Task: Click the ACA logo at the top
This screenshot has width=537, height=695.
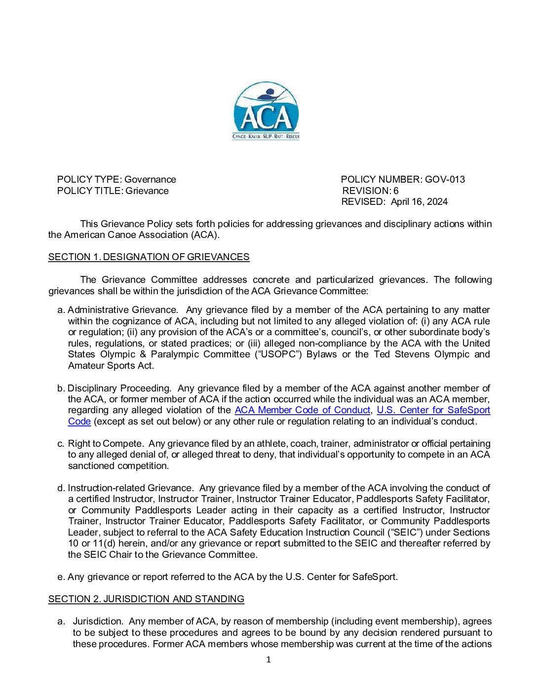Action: (x=266, y=111)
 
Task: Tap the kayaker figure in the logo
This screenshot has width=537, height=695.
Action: (x=269, y=93)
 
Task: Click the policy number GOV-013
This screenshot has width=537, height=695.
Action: (x=445, y=179)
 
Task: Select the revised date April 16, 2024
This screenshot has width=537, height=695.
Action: (x=419, y=201)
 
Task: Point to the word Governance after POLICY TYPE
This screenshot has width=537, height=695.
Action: (x=150, y=179)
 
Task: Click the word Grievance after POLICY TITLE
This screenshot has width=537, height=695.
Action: (x=147, y=191)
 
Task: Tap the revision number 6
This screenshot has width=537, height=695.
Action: (x=396, y=191)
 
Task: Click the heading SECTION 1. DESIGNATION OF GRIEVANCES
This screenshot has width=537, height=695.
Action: (x=149, y=257)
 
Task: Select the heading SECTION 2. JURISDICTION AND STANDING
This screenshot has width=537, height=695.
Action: (x=146, y=599)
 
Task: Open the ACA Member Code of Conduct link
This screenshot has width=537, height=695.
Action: (x=302, y=410)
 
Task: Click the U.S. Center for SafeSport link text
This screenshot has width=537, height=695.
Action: (x=433, y=410)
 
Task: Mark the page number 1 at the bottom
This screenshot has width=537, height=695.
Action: (x=268, y=659)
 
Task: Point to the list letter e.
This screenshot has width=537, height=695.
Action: (x=61, y=577)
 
